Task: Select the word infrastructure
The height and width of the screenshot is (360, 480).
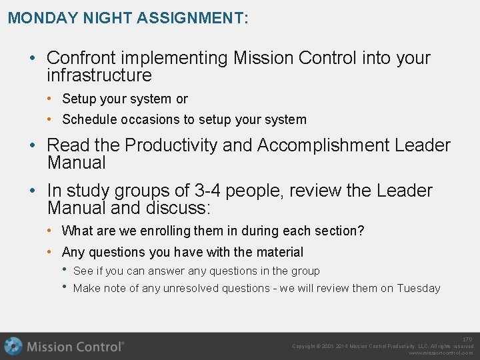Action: pyautogui.click(x=99, y=75)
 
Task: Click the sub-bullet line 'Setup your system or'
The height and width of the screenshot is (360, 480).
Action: pyautogui.click(x=125, y=99)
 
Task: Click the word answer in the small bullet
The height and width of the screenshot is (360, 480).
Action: pyautogui.click(x=166, y=271)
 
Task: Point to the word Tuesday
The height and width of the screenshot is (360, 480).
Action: pyautogui.click(x=419, y=288)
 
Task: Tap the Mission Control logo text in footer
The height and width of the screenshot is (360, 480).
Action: pyautogui.click(x=75, y=346)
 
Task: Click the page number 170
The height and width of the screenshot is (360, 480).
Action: pyautogui.click(x=467, y=339)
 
